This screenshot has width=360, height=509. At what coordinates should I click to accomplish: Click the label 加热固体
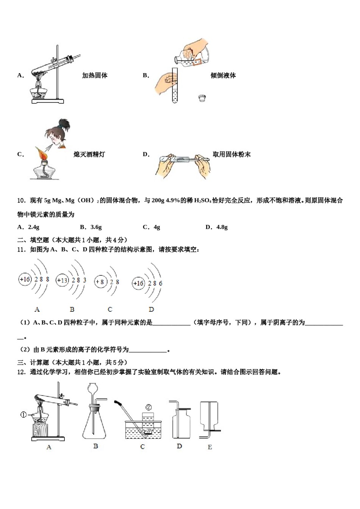(95, 76)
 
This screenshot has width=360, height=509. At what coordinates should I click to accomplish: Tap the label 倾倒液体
(223, 76)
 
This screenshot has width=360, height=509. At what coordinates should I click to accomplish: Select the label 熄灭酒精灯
(89, 155)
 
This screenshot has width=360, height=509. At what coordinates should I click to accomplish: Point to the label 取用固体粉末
(232, 155)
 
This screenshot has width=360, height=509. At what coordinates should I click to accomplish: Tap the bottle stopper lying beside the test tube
(202, 98)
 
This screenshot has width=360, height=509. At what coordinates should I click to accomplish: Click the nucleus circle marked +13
(62, 281)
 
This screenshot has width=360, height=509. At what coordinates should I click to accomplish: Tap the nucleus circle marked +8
(100, 282)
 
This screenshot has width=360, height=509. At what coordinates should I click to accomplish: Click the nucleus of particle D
(138, 283)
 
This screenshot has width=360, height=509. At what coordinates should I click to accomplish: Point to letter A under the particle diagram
(37, 309)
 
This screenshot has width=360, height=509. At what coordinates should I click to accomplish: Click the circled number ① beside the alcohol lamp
(23, 415)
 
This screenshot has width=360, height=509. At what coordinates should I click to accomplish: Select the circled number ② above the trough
(149, 407)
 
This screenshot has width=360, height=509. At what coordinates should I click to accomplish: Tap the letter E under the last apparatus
(210, 447)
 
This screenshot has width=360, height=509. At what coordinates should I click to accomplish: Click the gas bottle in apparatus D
(181, 424)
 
